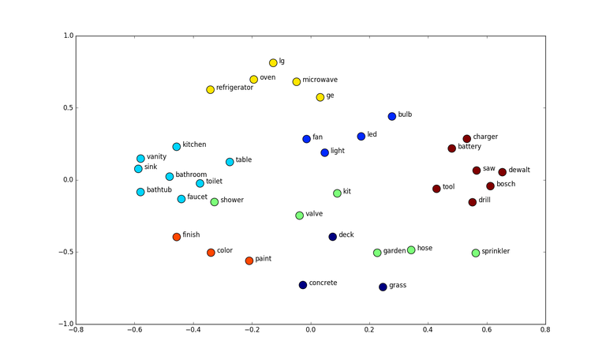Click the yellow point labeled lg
(x=273, y=63)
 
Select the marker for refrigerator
(x=211, y=90)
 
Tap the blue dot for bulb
(x=392, y=117)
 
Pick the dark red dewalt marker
(x=502, y=172)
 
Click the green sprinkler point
(x=476, y=253)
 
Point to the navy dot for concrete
(x=303, y=285)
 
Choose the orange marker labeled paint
(x=249, y=261)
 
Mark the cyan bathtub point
(x=140, y=192)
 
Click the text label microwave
(x=320, y=80)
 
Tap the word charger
(x=485, y=137)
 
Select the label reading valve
(x=314, y=213)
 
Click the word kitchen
(x=194, y=144)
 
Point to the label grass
(x=398, y=285)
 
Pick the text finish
(x=192, y=234)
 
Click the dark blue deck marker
(x=333, y=237)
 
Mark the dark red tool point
(x=436, y=189)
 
